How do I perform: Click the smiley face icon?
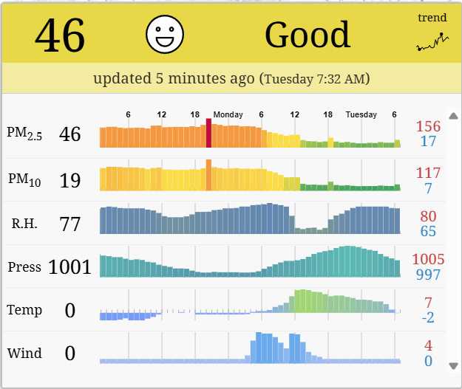point(165,35)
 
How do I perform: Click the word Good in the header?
point(308,35)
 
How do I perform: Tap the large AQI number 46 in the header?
point(60,35)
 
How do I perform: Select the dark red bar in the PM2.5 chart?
point(208,134)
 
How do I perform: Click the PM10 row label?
point(24,179)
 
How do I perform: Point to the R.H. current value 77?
point(69,224)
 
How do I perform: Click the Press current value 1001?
point(69,267)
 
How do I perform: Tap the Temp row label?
point(24,310)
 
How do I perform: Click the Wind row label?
point(24,353)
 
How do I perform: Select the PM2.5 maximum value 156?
point(428,126)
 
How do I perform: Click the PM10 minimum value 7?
point(428,188)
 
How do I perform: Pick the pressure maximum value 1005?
point(428,259)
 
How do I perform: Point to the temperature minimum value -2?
point(428,318)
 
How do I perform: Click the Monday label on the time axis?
point(228,114)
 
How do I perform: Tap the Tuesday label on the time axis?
point(361,114)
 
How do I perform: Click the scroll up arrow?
point(453,115)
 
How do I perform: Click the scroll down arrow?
point(453,365)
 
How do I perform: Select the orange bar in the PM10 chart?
point(208,175)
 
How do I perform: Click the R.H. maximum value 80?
point(428,216)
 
